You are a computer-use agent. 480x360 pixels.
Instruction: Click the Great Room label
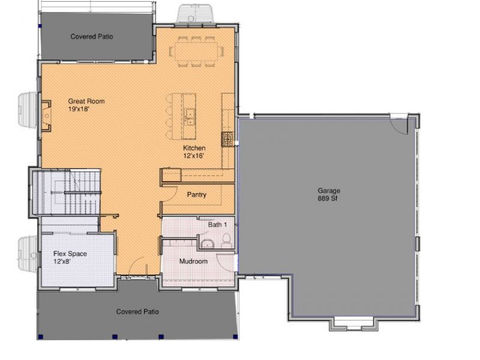pyautogui.click(x=86, y=101)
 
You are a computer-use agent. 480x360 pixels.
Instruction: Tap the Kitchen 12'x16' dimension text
pyautogui.click(x=193, y=156)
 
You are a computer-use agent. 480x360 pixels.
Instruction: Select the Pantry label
pyautogui.click(x=197, y=194)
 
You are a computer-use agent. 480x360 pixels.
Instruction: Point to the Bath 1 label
pyautogui.click(x=217, y=224)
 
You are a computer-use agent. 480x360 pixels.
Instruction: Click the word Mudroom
pyautogui.click(x=193, y=262)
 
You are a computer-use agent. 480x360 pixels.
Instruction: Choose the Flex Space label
pyautogui.click(x=70, y=254)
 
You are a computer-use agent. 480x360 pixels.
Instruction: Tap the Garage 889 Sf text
pyautogui.click(x=329, y=194)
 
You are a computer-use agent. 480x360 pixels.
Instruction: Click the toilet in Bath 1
pyautogui.click(x=227, y=241)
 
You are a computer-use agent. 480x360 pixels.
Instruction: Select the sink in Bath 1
pyautogui.click(x=208, y=244)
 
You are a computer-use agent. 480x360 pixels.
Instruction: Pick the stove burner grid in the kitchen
pyautogui.click(x=228, y=139)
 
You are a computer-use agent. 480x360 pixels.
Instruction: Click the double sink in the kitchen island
pyautogui.click(x=190, y=117)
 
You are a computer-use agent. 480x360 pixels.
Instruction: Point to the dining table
pyautogui.click(x=197, y=51)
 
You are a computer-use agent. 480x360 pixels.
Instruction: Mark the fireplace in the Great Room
pyautogui.click(x=46, y=116)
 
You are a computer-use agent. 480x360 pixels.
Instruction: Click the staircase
pyautogui.click(x=67, y=192)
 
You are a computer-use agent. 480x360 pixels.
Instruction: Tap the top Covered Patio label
pyautogui.click(x=92, y=37)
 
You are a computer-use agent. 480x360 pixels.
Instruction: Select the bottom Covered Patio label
pyautogui.click(x=137, y=311)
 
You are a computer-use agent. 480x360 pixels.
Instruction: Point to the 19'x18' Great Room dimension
pyautogui.click(x=79, y=109)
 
